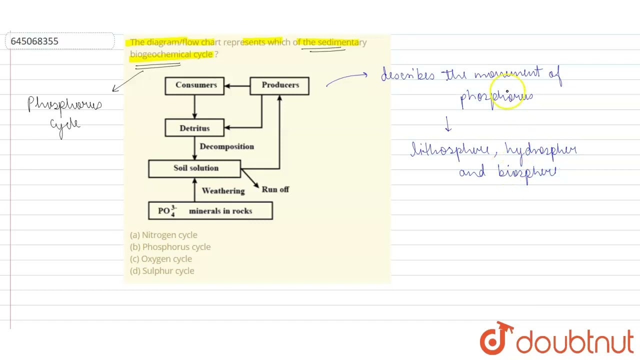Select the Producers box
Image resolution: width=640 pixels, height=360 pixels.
279,85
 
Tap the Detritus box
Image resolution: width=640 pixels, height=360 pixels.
194,128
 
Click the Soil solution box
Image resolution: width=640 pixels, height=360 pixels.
194,168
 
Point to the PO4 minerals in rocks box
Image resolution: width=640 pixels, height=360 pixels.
210,211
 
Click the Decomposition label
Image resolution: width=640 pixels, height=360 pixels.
226,146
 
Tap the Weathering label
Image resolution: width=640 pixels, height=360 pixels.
223,191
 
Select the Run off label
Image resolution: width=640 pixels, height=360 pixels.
275,189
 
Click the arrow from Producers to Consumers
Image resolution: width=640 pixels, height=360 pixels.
237,86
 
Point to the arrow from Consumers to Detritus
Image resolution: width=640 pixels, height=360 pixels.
194,106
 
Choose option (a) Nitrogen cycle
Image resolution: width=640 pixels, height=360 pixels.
163,235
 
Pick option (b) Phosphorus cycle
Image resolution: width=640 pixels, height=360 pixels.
170,247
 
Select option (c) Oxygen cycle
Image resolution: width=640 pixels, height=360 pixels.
161,259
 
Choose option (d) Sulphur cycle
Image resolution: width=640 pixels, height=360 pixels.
162,271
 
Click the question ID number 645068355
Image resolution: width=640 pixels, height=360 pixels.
34,41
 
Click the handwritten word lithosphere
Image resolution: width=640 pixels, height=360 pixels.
449,150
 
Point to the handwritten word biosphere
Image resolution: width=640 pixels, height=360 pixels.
526,172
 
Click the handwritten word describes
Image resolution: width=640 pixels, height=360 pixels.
408,75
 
